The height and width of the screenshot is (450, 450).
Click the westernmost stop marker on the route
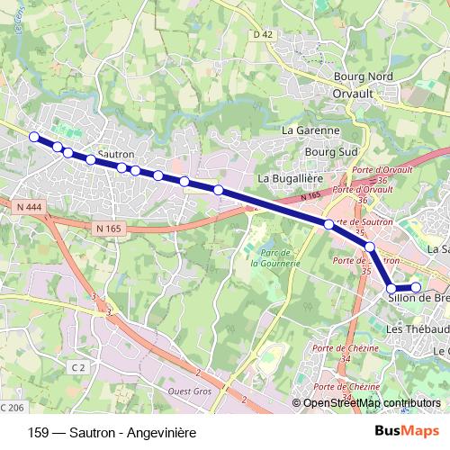coord(34,137)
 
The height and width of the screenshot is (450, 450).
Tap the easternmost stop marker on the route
coord(416,288)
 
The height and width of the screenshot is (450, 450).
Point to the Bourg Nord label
coord(364,77)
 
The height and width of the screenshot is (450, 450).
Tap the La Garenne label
coord(310,130)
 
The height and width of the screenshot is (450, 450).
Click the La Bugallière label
coord(290,178)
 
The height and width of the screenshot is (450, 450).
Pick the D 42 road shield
coord(262,34)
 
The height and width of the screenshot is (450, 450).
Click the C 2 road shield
coord(79,367)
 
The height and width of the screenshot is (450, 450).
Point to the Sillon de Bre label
coord(418,299)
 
